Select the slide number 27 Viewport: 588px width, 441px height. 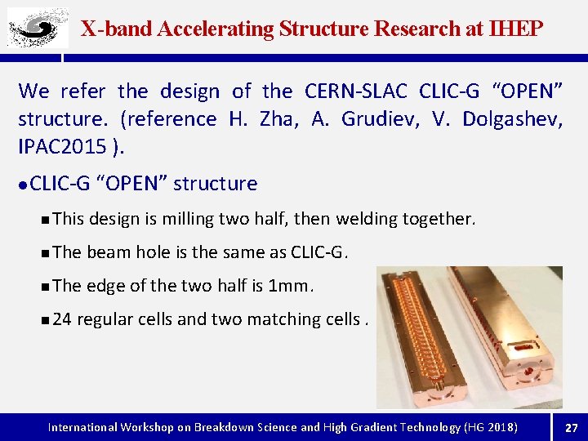tap(571, 427)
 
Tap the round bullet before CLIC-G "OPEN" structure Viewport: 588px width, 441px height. tap(24, 185)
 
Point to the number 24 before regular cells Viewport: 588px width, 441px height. tap(61, 319)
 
